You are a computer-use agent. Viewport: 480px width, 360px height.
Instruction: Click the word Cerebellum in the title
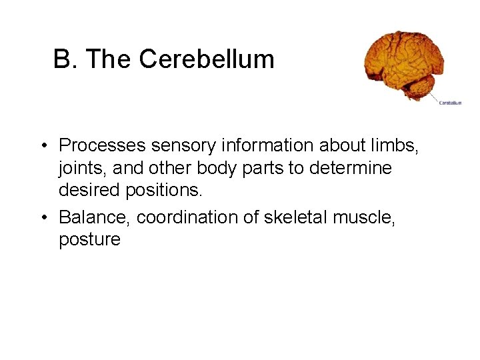pyautogui.click(x=207, y=60)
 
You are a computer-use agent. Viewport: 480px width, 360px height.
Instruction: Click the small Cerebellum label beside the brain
pyautogui.click(x=449, y=103)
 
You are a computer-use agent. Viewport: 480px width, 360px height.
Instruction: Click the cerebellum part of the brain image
pyautogui.click(x=422, y=85)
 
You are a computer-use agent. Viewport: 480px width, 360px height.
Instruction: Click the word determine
pyautogui.click(x=350, y=169)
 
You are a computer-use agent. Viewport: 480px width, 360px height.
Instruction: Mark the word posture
pyautogui.click(x=90, y=241)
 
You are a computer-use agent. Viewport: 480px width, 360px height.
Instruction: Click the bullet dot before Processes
pyautogui.click(x=42, y=145)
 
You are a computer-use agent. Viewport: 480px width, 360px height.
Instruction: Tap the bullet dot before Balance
pyautogui.click(x=42, y=217)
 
